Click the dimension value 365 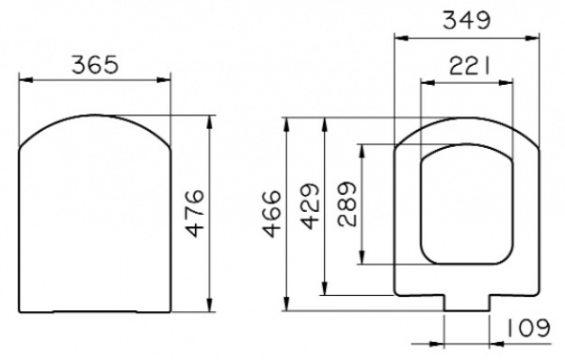pyautogui.click(x=95, y=65)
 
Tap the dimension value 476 pyautogui.click(x=196, y=213)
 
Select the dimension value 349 pyautogui.click(x=466, y=20)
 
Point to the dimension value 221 pyautogui.click(x=470, y=66)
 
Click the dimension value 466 pyautogui.click(x=272, y=214)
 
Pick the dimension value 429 pyautogui.click(x=310, y=206)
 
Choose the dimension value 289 pyautogui.click(x=347, y=205)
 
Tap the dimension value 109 pyautogui.click(x=528, y=328)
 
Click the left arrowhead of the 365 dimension pyautogui.click(x=26, y=80)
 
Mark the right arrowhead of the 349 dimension pyautogui.click(x=532, y=38)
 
